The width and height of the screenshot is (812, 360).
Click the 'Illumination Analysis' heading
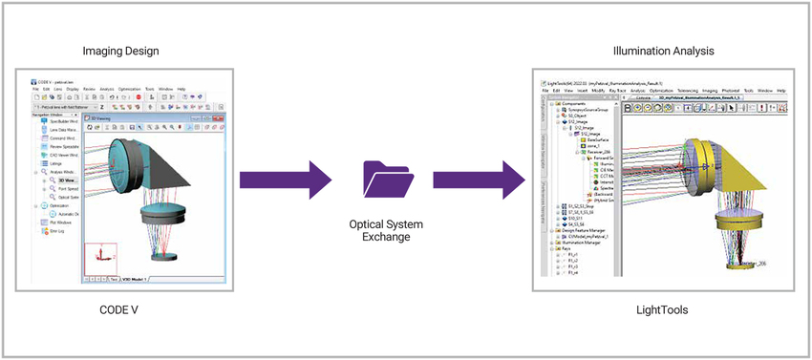tap(660, 50)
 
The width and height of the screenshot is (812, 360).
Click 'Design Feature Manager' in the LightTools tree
tap(582, 238)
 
